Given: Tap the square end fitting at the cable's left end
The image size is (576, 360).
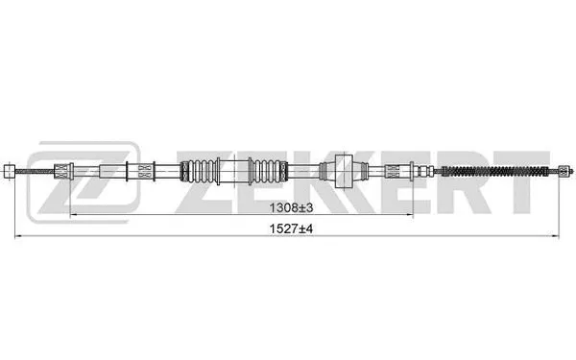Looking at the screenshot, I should click(11, 173).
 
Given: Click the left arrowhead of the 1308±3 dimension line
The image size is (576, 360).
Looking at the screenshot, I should click(73, 215).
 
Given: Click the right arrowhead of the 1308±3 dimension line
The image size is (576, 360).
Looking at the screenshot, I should click(412, 215).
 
